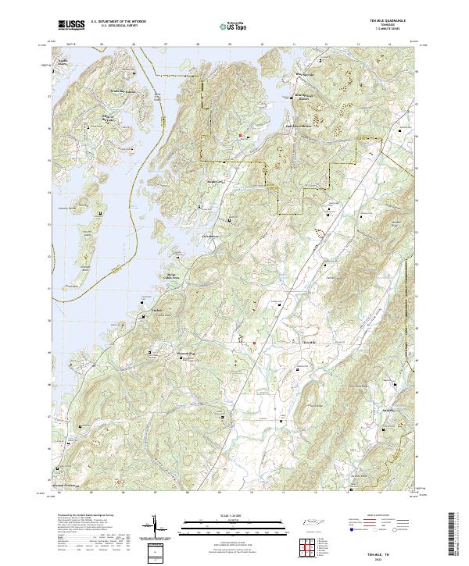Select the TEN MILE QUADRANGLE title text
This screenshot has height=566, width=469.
pyautogui.click(x=391, y=20)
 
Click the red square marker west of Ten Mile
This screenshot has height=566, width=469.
pyautogui.click(x=254, y=340)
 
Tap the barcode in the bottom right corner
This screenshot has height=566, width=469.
pyautogui.click(x=452, y=536)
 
